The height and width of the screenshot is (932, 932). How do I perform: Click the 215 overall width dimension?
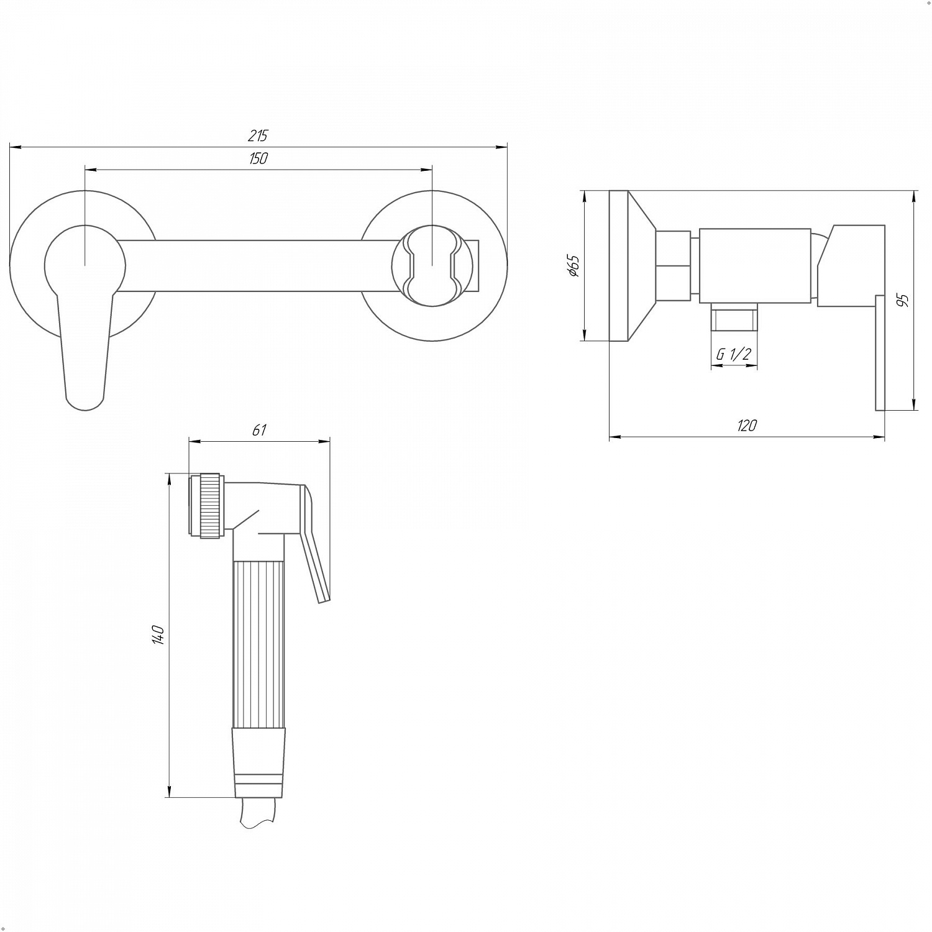coord(258,135)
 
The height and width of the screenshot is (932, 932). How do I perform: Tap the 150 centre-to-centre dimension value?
coord(258,158)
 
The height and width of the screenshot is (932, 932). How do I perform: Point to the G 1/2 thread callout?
coord(734,354)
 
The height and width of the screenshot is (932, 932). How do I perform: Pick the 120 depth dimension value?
coord(747,426)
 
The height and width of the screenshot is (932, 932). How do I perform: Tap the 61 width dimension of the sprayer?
coord(259,430)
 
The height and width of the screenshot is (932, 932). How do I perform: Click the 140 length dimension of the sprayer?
coord(158,635)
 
